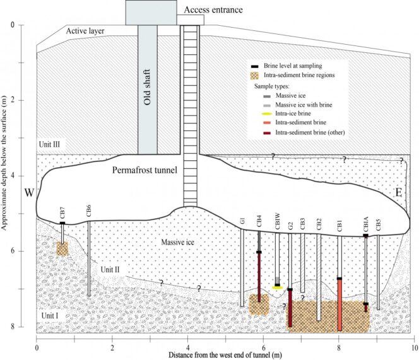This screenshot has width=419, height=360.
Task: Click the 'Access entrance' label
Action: [x=213, y=9]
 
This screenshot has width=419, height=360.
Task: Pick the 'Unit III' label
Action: [x=49, y=144]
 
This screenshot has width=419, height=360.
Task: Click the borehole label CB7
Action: [x=62, y=212]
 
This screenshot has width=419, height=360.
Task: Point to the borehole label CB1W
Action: [x=277, y=222]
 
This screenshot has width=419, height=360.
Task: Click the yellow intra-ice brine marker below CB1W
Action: [x=277, y=287]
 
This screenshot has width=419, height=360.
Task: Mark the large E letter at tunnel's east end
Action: [x=398, y=194]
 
